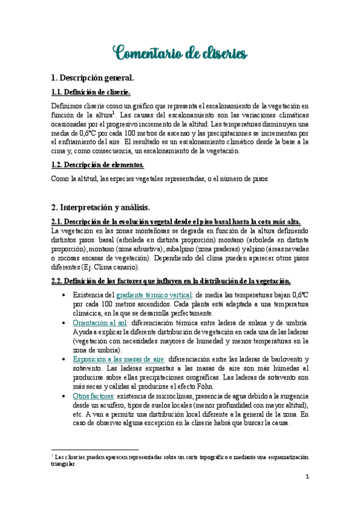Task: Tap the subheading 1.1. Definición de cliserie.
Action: tap(91, 92)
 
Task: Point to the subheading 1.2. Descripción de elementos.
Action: tap(98, 165)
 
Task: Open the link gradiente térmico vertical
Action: tap(154, 295)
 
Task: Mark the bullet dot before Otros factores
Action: tap(64, 396)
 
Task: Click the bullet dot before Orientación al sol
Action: tap(64, 323)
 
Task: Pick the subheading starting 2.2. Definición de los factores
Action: tap(171, 281)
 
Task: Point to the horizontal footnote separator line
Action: tap(95, 449)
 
